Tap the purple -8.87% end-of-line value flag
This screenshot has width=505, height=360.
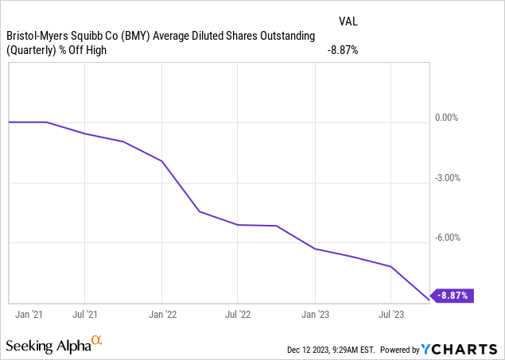coord(453,296)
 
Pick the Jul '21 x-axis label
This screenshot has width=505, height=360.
coord(86,315)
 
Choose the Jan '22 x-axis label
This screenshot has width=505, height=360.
coord(162,315)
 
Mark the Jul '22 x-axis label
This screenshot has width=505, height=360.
coord(239,315)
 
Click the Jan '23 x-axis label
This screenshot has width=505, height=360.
coord(316,315)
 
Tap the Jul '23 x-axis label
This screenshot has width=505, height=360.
coord(391,315)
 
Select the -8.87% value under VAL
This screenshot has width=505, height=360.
coord(343,50)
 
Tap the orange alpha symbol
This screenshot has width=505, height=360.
coord(96,342)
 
